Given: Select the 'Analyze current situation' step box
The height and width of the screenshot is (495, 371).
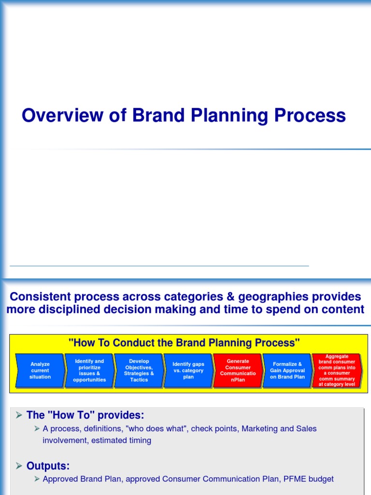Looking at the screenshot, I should (40, 371).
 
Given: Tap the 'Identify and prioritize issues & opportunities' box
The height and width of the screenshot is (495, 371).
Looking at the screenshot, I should (89, 371).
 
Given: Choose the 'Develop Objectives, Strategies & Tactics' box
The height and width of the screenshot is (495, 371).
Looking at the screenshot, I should (139, 371).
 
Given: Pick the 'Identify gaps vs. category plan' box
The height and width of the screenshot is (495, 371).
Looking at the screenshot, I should (188, 371).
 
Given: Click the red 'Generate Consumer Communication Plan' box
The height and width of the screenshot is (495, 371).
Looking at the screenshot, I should (238, 371).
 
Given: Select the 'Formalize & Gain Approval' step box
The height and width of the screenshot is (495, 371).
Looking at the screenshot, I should (287, 371).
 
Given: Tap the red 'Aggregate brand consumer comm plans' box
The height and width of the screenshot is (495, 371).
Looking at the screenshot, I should (337, 371).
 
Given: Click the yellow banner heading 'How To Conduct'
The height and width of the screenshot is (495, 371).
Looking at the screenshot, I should (184, 343).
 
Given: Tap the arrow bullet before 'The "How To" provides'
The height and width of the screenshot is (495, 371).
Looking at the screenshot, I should (19, 415).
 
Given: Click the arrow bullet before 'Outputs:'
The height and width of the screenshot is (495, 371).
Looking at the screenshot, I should (19, 466).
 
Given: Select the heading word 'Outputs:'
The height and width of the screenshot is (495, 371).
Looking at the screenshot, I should (48, 466).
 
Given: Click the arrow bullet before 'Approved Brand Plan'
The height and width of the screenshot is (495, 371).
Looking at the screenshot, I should (37, 479).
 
